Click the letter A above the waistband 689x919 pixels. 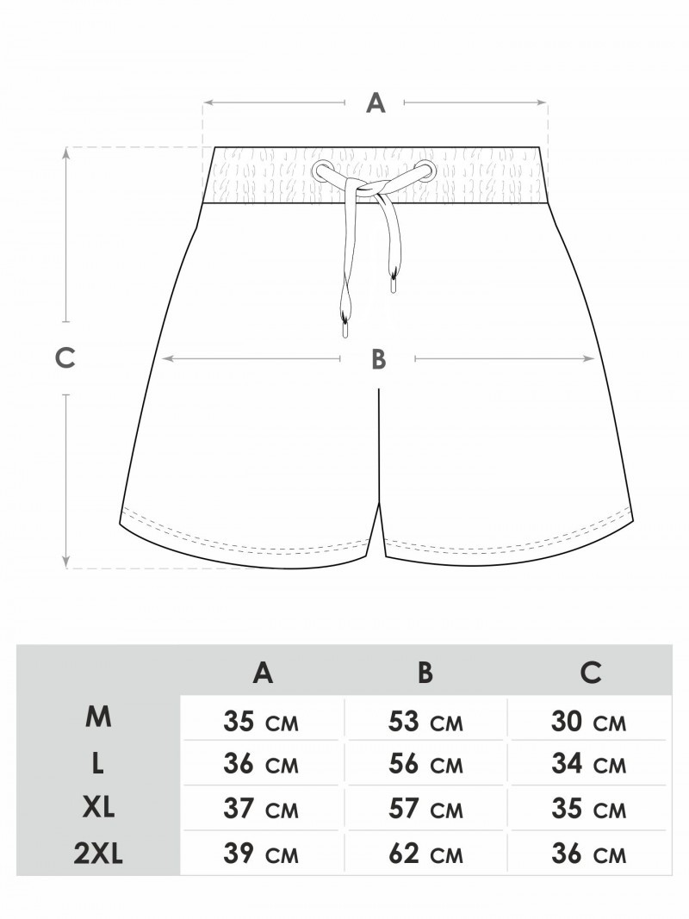pyautogui.click(x=376, y=103)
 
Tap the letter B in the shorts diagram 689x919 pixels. pyautogui.click(x=378, y=359)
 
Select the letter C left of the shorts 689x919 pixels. pyautogui.click(x=65, y=357)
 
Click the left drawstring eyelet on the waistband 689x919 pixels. pyautogui.click(x=321, y=171)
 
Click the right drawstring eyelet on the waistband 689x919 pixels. pyautogui.click(x=426, y=170)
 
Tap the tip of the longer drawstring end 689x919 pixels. pyautogui.click(x=344, y=336)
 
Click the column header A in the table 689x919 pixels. pyautogui.click(x=263, y=673)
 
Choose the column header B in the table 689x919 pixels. pyautogui.click(x=426, y=673)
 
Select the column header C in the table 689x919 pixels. pyautogui.click(x=591, y=673)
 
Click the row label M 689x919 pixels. pyautogui.click(x=98, y=717)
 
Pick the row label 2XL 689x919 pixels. pyautogui.click(x=98, y=854)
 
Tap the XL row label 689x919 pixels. pyautogui.click(x=98, y=809)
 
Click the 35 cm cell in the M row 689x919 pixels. pyautogui.click(x=261, y=722)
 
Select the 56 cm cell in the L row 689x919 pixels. pyautogui.click(x=426, y=764)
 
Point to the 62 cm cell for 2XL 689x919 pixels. pyautogui.click(x=426, y=854)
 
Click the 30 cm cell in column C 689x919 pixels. pyautogui.click(x=589, y=722)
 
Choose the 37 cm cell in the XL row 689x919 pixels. pyautogui.click(x=261, y=810)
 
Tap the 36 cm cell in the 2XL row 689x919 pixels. pyautogui.click(x=589, y=854)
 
